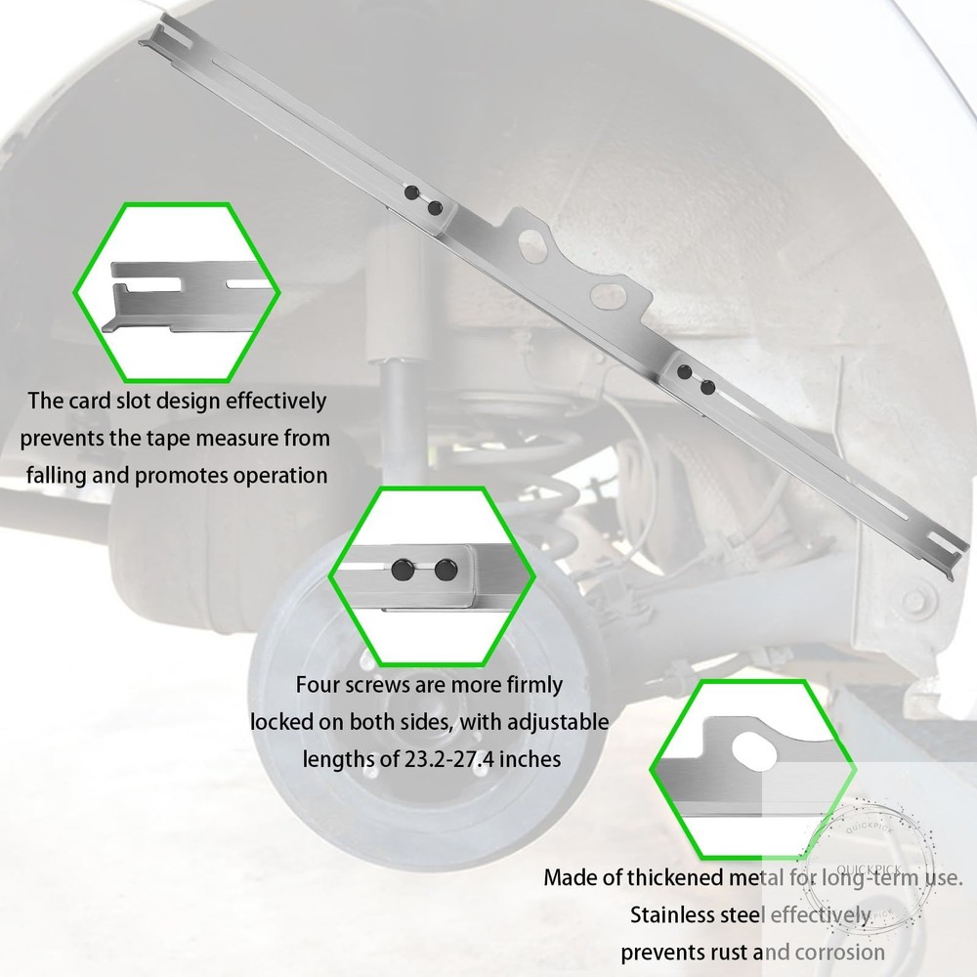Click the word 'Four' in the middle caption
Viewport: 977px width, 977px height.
pyautogui.click(x=318, y=685)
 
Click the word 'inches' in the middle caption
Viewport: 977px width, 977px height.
pyautogui.click(x=531, y=759)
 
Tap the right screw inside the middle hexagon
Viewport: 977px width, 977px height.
pyautogui.click(x=446, y=570)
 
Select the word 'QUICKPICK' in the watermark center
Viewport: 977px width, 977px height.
pyautogui.click(x=869, y=870)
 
